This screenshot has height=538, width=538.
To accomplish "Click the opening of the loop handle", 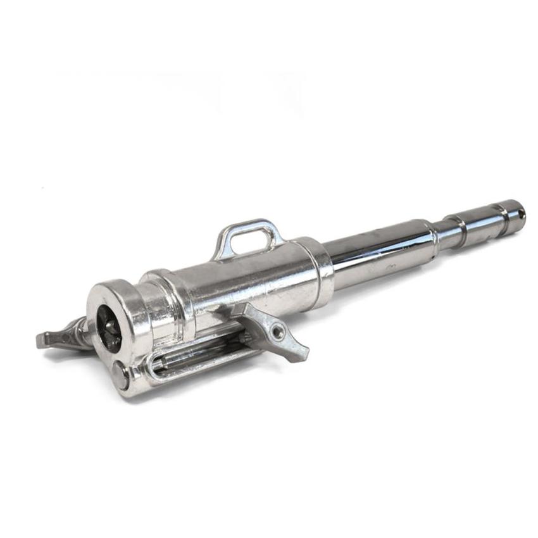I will [250, 239].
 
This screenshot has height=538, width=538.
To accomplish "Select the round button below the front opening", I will [120, 375].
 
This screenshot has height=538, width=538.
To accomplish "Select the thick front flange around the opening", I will [127, 316].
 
